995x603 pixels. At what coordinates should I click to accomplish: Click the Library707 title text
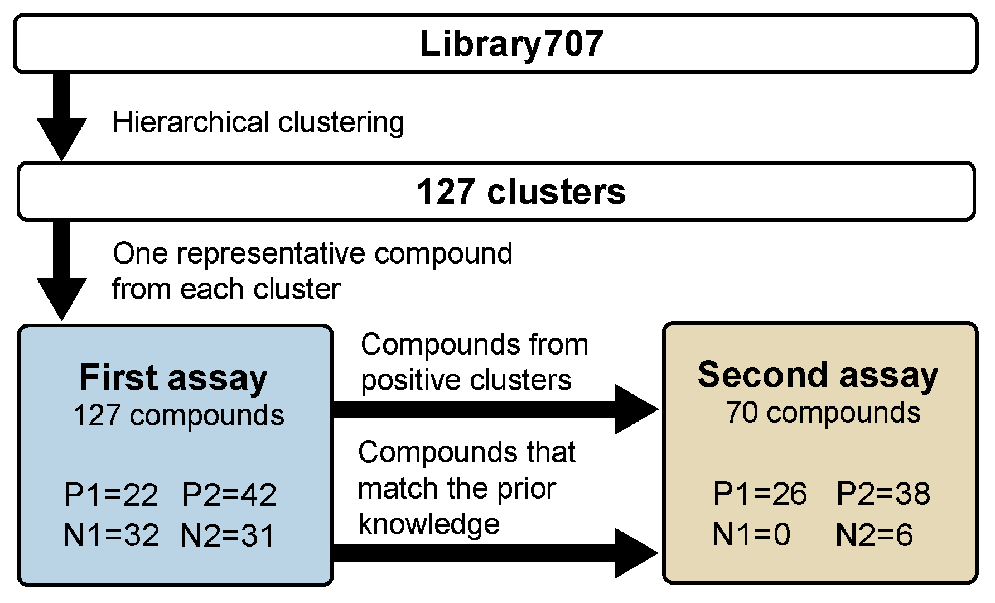(511, 44)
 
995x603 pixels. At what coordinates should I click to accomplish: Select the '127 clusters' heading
(521, 192)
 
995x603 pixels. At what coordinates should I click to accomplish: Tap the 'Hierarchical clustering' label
(258, 122)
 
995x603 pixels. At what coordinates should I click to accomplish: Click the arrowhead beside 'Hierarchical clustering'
(62, 136)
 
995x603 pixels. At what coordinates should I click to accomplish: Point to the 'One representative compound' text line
(312, 253)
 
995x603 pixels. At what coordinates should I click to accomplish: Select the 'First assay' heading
(173, 377)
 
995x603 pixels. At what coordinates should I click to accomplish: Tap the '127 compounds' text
(178, 415)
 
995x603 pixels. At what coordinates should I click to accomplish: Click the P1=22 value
(111, 495)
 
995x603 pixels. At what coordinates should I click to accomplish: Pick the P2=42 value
(229, 495)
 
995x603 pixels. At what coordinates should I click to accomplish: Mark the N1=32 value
(111, 535)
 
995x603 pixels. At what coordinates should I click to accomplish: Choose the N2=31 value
(228, 536)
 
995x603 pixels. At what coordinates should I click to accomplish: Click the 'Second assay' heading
(818, 375)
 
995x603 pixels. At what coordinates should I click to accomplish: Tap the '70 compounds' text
(823, 413)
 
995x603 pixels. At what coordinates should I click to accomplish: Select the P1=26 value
(760, 494)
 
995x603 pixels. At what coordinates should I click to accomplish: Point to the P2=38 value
(883, 494)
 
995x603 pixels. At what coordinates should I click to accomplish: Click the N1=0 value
(751, 534)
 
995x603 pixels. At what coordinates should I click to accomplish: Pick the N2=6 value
(874, 534)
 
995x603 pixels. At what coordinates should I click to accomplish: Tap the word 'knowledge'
(428, 524)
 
